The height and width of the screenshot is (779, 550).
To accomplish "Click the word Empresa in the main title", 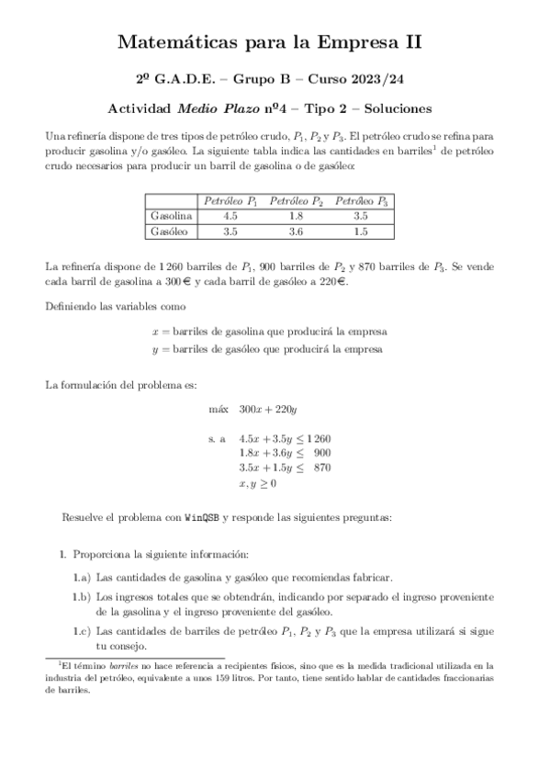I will click(x=358, y=41).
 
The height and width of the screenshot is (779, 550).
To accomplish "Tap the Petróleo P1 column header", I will click(x=230, y=200).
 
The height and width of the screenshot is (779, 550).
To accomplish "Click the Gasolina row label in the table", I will click(x=171, y=216).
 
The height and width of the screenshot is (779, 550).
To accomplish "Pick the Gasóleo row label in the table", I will click(x=170, y=231).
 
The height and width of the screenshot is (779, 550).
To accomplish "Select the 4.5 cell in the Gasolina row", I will click(x=230, y=216).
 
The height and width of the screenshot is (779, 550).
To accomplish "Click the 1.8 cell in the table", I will click(x=296, y=216).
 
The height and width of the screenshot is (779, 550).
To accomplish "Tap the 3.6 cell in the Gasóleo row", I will click(x=296, y=231).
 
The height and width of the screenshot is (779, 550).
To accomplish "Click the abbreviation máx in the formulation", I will click(x=219, y=409).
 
